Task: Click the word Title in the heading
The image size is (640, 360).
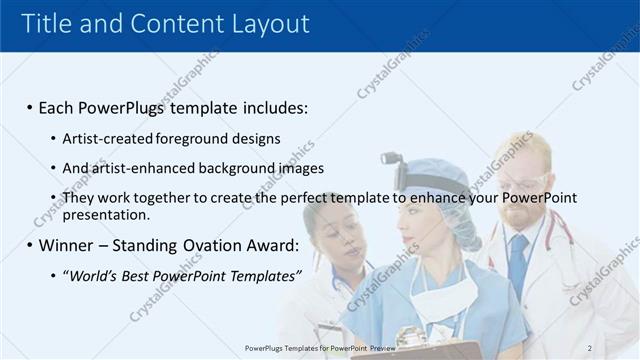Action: (x=48, y=24)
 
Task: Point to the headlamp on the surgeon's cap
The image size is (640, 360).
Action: (x=392, y=160)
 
